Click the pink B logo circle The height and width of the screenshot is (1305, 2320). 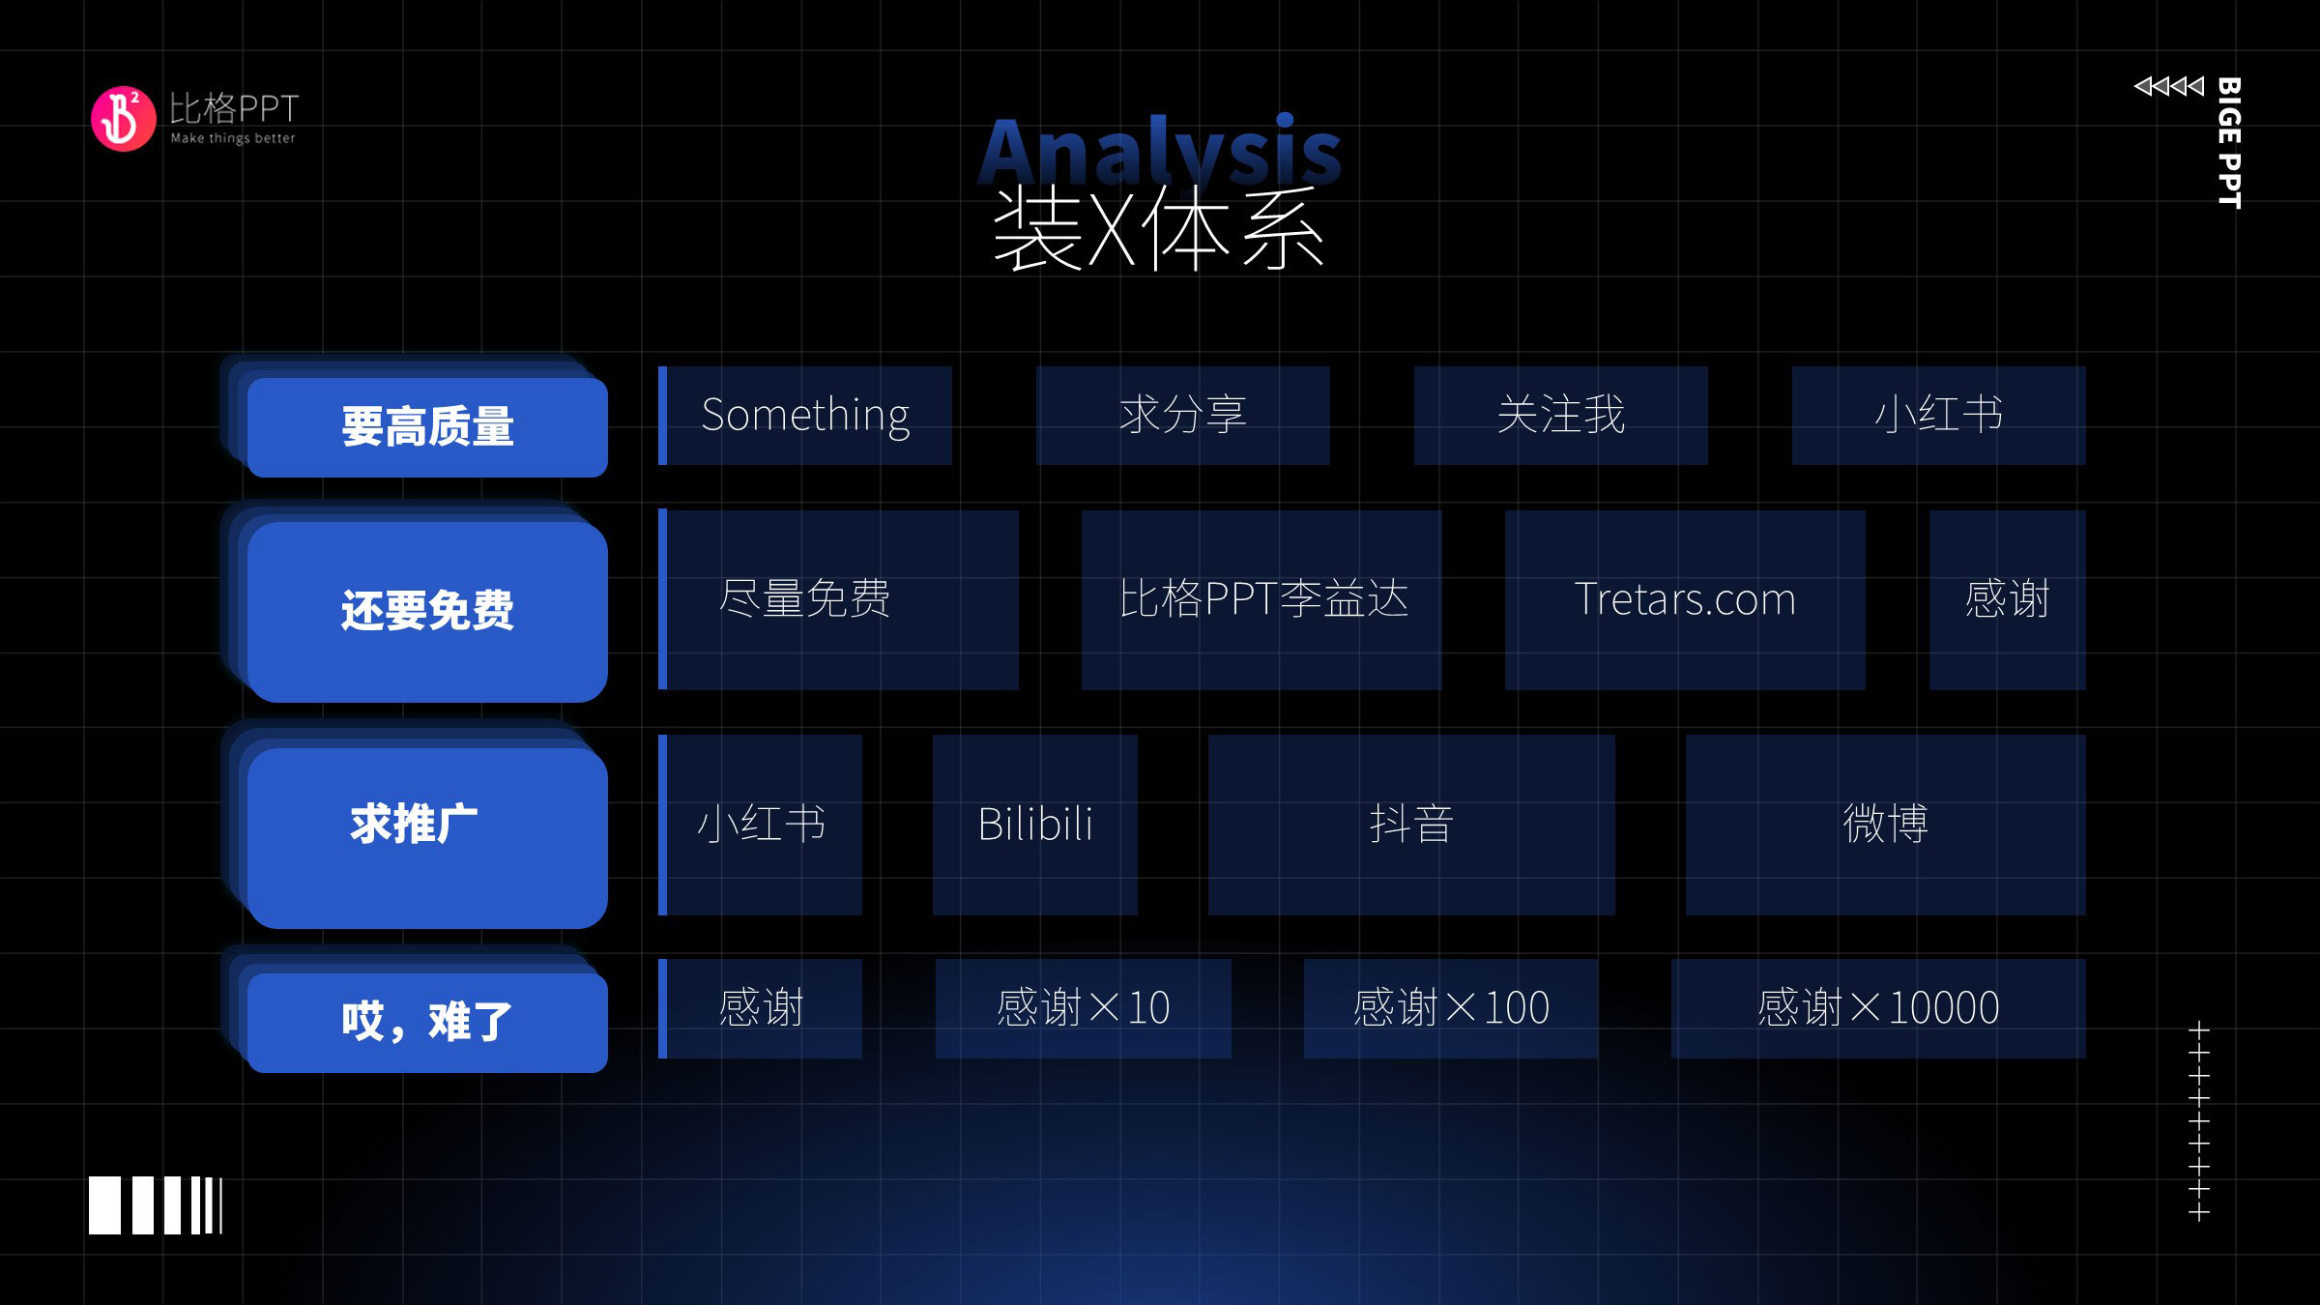[123, 119]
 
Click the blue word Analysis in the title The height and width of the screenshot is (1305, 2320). [1159, 150]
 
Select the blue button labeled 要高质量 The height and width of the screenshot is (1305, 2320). [427, 426]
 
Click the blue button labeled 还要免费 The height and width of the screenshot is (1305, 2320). [427, 611]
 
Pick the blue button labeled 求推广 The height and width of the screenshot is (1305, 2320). [427, 837]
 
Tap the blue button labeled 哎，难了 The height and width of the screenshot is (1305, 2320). [427, 1022]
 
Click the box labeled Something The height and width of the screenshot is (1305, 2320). [805, 416]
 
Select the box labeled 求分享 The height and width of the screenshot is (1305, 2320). [1183, 416]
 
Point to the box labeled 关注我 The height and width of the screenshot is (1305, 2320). [1561, 416]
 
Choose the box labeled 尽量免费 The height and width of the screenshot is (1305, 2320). [838, 599]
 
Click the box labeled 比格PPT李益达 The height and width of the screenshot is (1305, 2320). [1261, 599]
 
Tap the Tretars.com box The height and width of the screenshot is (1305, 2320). [1685, 599]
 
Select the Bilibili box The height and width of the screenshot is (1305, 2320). [1035, 825]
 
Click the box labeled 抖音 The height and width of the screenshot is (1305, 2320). [1411, 825]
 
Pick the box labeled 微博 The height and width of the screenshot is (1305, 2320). [1886, 825]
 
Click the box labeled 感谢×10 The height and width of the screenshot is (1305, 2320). [1084, 1008]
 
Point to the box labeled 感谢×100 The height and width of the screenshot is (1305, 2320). [1451, 1008]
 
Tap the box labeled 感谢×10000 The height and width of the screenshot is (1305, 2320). [1878, 1008]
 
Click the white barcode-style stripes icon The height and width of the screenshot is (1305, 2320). [156, 1205]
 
